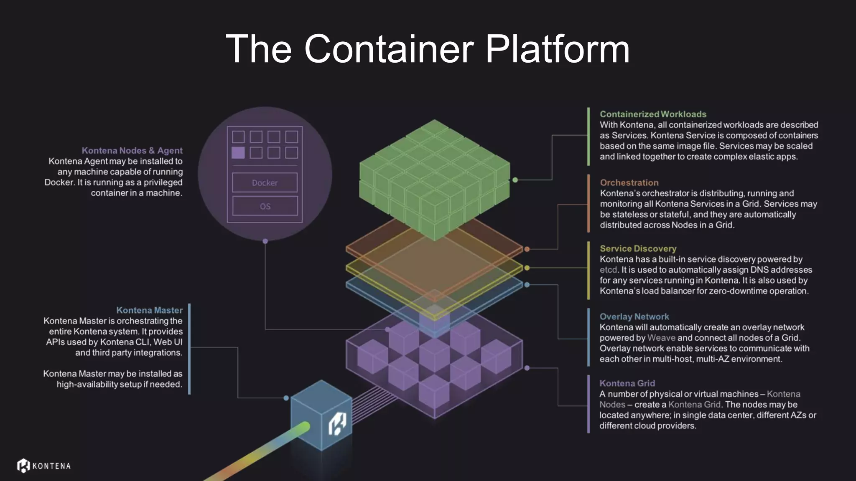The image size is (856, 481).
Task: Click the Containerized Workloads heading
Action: click(x=653, y=114)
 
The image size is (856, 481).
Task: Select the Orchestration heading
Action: click(x=629, y=182)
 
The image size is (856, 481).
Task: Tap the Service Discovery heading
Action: click(x=638, y=248)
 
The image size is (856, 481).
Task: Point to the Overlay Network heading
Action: click(x=634, y=316)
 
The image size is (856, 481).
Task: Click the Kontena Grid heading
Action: click(x=627, y=383)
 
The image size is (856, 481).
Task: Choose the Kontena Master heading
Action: click(x=149, y=310)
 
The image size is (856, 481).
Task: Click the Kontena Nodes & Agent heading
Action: click(x=132, y=150)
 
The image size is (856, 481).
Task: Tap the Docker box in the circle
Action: click(x=265, y=182)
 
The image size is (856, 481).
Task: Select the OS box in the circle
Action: click(x=265, y=206)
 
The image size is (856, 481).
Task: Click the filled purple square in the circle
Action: click(x=238, y=152)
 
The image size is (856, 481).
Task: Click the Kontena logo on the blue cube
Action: click(x=337, y=424)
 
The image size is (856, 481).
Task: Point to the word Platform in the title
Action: click(x=557, y=49)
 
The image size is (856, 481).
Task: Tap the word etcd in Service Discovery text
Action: click(x=608, y=270)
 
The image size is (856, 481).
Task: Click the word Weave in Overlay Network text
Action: click(x=661, y=338)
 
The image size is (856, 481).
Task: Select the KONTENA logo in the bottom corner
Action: click(x=44, y=466)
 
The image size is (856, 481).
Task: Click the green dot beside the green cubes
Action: click(x=515, y=180)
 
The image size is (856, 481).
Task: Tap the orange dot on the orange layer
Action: click(x=527, y=249)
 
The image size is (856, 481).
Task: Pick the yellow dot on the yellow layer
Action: click(x=527, y=268)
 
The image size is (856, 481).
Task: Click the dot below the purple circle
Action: click(x=265, y=241)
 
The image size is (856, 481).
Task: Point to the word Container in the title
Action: click(x=389, y=49)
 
